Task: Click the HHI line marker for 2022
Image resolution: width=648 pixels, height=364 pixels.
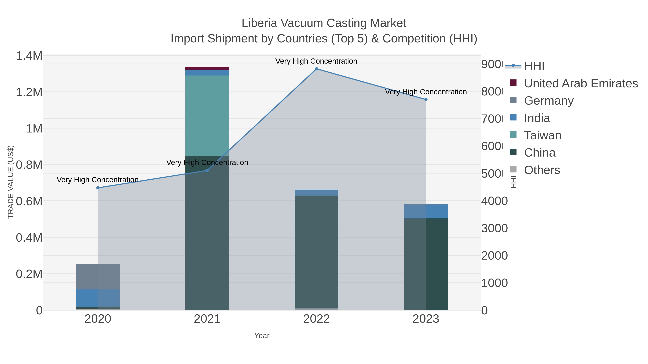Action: tap(316, 69)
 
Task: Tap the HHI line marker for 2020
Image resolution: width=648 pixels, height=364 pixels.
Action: tap(98, 188)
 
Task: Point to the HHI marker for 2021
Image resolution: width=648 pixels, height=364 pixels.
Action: tap(207, 171)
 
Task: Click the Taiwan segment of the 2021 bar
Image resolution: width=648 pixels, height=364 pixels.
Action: tap(207, 116)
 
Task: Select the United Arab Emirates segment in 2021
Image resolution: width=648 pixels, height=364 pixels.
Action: tap(207, 68)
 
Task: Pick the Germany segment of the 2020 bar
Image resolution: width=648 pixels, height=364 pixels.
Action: tap(98, 277)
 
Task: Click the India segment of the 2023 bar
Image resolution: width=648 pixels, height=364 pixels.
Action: tap(426, 211)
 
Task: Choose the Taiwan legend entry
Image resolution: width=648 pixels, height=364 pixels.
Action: tap(543, 135)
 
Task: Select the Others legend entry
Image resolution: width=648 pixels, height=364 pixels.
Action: tap(542, 170)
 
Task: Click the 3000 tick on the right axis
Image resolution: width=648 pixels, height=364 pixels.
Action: tap(494, 228)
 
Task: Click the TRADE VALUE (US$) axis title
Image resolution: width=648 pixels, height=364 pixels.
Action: tap(11, 182)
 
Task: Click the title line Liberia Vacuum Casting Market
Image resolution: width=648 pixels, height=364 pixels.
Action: tap(324, 23)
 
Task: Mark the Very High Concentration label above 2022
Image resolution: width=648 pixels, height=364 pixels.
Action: tap(316, 61)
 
